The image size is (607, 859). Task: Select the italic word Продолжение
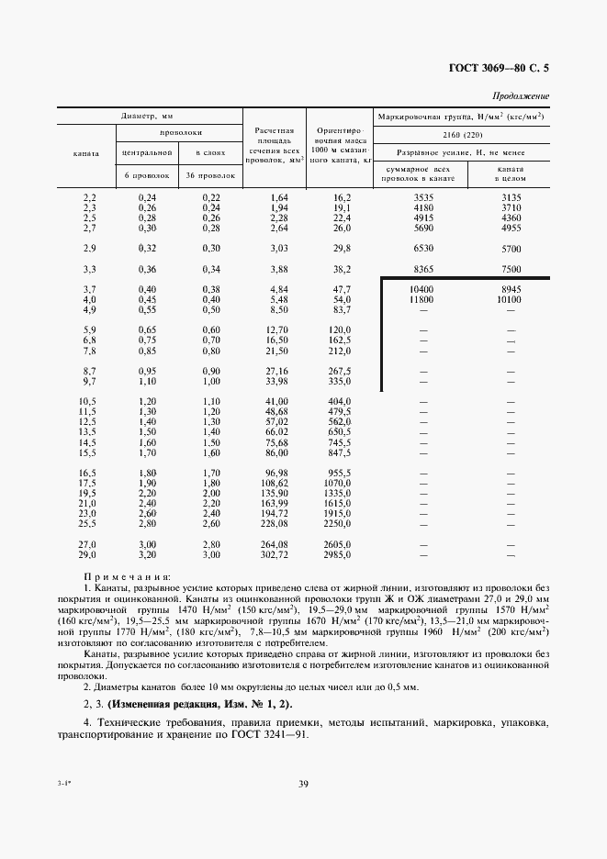click(x=521, y=95)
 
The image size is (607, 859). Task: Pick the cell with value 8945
click(x=510, y=290)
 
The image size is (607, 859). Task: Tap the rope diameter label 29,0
click(x=89, y=554)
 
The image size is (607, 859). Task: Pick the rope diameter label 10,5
click(x=89, y=402)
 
